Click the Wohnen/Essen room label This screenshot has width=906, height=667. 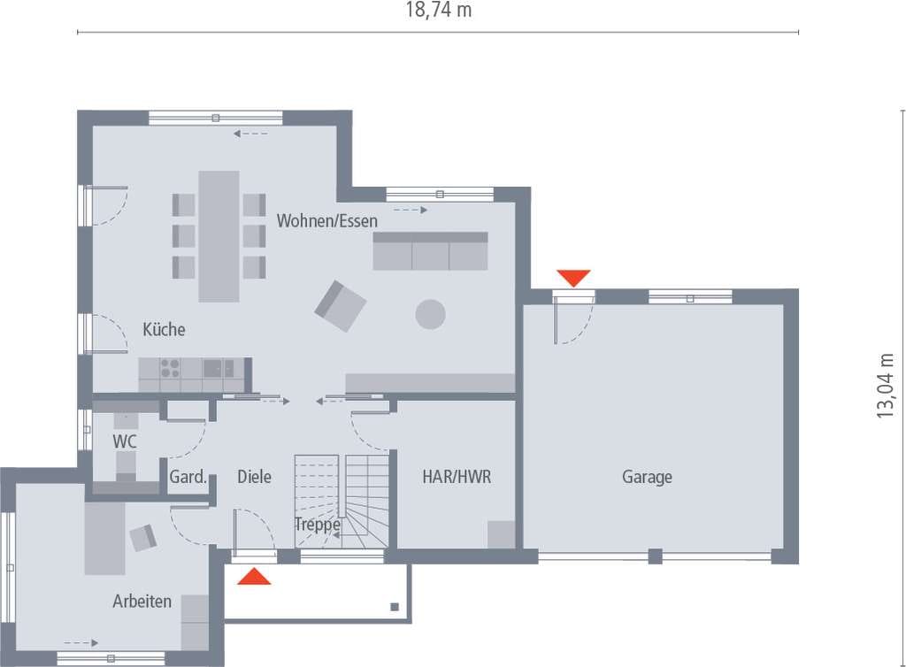[x=327, y=220]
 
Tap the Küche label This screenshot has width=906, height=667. [x=164, y=329]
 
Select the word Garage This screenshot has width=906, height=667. [x=647, y=477]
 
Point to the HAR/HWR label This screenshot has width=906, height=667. [x=457, y=477]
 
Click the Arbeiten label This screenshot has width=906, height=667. [x=142, y=602]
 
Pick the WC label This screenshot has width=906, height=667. [x=125, y=441]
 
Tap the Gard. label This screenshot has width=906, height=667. [x=188, y=477]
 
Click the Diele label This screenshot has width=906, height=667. [x=254, y=477]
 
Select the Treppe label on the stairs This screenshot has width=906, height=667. [x=318, y=525]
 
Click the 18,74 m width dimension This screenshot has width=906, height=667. [x=439, y=10]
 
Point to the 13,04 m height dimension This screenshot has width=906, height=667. [x=885, y=386]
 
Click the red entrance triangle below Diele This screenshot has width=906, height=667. [x=254, y=576]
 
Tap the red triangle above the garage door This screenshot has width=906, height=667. [x=573, y=278]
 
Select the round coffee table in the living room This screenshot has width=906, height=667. [x=431, y=314]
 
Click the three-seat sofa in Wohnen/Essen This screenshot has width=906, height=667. [x=431, y=251]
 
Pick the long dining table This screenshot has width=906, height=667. [x=219, y=236]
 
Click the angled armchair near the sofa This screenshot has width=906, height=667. [x=341, y=306]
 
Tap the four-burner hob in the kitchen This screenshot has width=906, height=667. [x=170, y=368]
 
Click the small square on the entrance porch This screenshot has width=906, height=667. [x=395, y=606]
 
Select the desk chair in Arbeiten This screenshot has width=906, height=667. [x=142, y=538]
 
